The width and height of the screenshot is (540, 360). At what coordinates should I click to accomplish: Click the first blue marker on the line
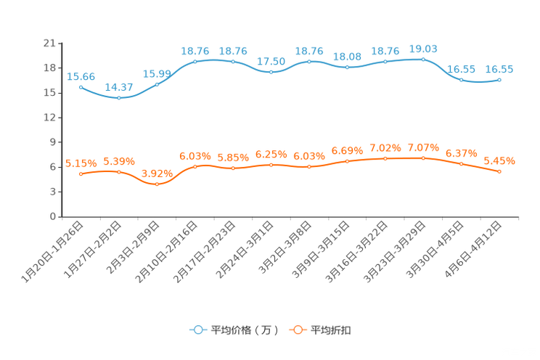81,86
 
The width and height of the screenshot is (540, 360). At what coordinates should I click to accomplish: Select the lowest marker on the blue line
119,98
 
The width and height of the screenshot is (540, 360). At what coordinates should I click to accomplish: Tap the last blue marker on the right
499,79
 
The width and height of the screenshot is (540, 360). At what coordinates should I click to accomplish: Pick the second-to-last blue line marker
461,79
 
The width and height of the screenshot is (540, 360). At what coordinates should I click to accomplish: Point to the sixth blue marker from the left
271,72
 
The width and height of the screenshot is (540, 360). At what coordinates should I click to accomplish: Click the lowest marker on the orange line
157,184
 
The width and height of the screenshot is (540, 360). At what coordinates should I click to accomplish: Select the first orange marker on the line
81,173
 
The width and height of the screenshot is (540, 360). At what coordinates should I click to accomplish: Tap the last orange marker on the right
499,171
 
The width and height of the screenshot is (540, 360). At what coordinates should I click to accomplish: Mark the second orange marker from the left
119,171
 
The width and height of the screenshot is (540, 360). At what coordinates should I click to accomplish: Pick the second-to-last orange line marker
461,164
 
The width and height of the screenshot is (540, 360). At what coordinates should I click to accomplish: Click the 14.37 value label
119,87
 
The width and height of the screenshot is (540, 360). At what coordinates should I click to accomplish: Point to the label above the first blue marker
81,75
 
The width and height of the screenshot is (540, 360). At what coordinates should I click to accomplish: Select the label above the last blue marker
499,69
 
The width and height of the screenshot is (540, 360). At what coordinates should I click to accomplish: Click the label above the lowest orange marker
157,173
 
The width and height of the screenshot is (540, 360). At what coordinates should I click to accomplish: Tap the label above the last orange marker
499,160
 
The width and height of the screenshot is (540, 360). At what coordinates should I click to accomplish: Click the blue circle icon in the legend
197,330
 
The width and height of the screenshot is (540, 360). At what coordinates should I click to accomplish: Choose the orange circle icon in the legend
297,330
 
